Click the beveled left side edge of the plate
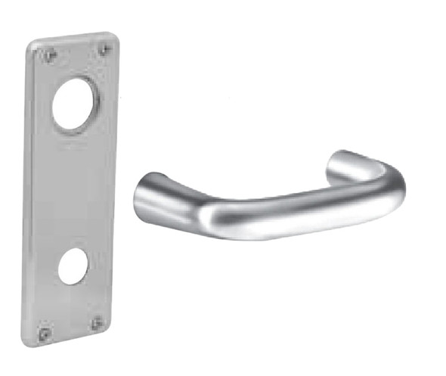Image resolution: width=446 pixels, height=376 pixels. point(26,189)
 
